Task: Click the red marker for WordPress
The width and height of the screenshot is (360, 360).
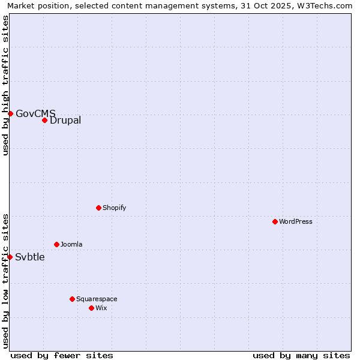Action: coord(275,221)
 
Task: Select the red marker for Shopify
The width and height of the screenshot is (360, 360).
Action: coord(98,208)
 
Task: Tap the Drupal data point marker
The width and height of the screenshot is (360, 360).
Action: coord(44,120)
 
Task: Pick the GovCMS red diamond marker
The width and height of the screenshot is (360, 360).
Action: coord(10,113)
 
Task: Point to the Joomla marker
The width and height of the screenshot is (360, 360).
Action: coord(56,244)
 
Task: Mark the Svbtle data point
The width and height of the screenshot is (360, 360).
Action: coord(10,257)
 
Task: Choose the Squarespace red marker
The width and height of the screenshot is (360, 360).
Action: coord(72,299)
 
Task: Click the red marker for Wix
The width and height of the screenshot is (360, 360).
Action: coord(91,308)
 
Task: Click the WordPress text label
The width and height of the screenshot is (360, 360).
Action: coord(296,221)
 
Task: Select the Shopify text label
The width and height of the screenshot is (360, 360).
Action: coord(114,208)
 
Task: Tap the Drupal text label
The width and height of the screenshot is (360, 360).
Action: coord(65,120)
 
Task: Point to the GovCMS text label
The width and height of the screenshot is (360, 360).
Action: coord(35,113)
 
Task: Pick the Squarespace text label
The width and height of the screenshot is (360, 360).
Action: coord(97,299)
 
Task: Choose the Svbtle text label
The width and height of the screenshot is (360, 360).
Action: coord(30,257)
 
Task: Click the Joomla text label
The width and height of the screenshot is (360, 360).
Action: coord(71,244)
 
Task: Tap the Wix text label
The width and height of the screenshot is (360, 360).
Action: coord(101,308)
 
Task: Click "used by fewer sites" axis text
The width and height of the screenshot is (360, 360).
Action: coord(62,355)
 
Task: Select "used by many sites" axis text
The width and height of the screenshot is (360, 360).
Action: coord(301,355)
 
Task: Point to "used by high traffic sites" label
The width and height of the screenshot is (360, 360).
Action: coord(5,85)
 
